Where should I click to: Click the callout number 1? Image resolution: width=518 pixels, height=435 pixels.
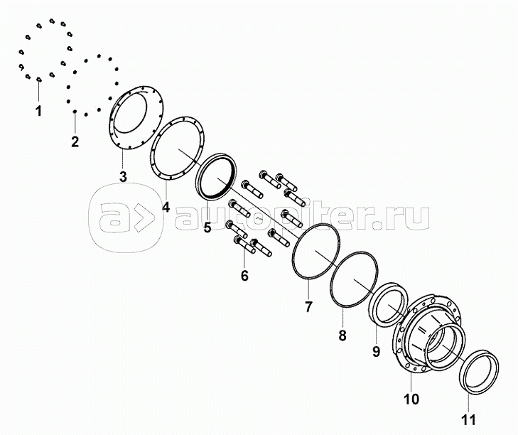tap(39, 111)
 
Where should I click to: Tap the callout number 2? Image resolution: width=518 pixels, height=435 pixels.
tap(75, 141)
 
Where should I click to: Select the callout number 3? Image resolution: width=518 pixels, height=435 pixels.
tap(123, 177)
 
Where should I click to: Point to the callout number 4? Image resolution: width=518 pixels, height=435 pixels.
tap(166, 208)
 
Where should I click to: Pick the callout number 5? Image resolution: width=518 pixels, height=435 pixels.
tap(207, 227)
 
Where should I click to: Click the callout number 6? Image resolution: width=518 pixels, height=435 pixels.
tap(244, 275)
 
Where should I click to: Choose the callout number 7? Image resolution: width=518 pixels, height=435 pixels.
tap(308, 307)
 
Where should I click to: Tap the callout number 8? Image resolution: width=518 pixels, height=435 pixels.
tap(342, 335)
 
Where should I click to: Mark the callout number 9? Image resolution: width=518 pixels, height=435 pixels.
tap(377, 351)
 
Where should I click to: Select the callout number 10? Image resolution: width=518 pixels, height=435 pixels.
tap(411, 399)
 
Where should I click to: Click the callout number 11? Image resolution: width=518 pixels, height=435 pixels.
tap(468, 419)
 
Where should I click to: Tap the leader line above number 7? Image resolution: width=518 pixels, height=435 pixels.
tap(308, 289)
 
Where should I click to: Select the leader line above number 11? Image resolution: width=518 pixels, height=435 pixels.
tap(468, 402)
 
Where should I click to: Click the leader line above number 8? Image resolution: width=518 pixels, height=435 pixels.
tap(342, 317)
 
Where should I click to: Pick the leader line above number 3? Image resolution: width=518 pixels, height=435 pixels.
tap(122, 159)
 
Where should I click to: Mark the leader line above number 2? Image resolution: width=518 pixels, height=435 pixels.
tap(75, 123)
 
